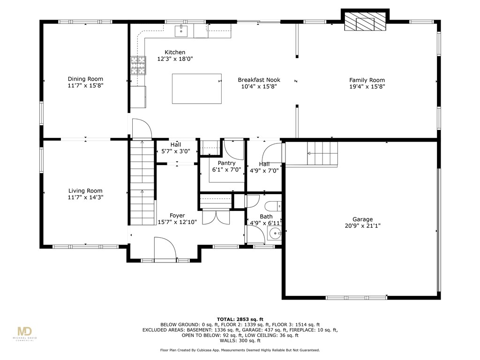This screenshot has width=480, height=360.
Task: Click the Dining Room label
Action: click(85, 79)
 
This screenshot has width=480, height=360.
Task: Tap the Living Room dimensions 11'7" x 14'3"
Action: click(85, 198)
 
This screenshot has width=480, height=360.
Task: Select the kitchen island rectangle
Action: click(197, 88)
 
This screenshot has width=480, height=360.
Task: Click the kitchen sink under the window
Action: click(181, 31)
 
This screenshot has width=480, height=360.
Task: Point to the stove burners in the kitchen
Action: click(138, 65)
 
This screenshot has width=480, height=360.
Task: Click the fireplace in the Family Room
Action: click(365, 22)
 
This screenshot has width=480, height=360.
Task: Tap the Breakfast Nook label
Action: click(259, 80)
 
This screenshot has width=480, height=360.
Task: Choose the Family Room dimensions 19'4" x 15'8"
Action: click(367, 87)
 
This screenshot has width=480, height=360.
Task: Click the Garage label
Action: click(363, 219)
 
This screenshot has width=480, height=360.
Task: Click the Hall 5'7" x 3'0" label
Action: click(176, 148)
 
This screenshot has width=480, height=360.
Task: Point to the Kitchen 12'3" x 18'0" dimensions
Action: click(175, 59)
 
